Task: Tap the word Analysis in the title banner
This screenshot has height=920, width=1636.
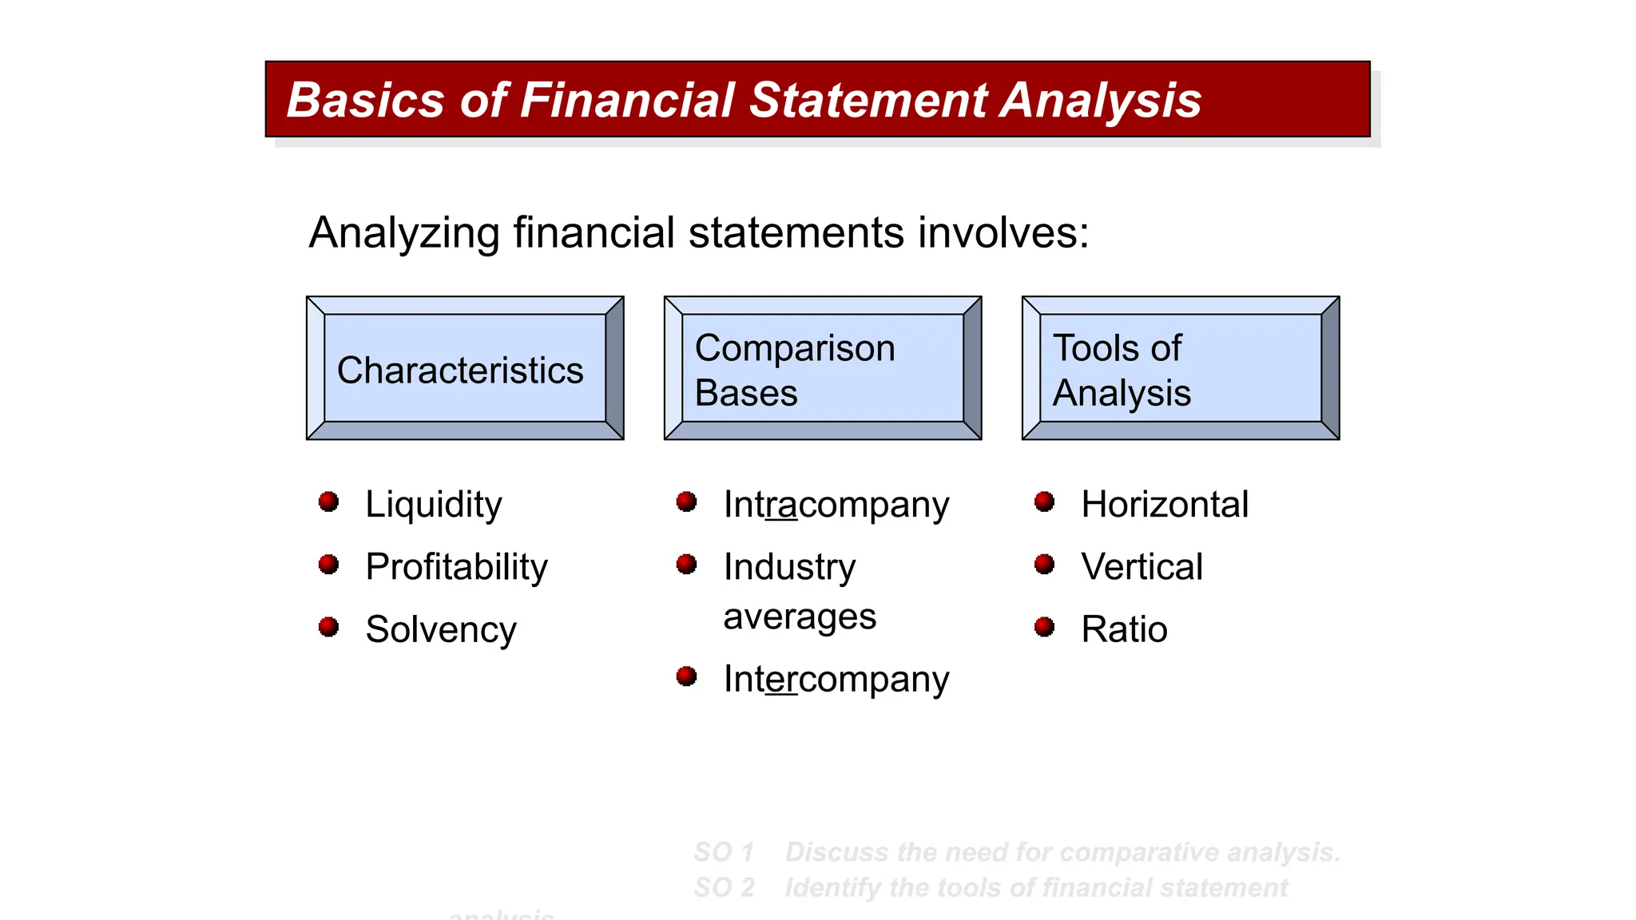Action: [1101, 101]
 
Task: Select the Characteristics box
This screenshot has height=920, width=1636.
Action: [464, 368]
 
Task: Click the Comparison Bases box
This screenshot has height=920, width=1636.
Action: [822, 368]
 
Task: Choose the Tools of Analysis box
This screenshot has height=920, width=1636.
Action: [1180, 368]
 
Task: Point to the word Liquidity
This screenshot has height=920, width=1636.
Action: [433, 505]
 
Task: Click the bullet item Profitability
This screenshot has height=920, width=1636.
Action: [456, 567]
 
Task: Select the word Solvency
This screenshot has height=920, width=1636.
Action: [440, 630]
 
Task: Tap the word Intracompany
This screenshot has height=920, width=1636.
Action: [836, 506]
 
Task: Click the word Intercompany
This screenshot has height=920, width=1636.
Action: [836, 680]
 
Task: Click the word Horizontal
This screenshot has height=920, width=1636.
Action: [1164, 505]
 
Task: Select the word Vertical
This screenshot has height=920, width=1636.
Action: [1141, 567]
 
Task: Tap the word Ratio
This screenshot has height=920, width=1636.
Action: [1123, 630]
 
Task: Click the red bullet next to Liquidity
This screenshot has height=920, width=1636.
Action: [328, 502]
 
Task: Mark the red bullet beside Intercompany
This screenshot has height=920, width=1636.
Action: [686, 676]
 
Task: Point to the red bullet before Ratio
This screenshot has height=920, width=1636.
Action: [1044, 627]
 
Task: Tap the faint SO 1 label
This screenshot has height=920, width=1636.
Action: [724, 852]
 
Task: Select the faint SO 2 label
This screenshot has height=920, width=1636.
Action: [724, 887]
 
